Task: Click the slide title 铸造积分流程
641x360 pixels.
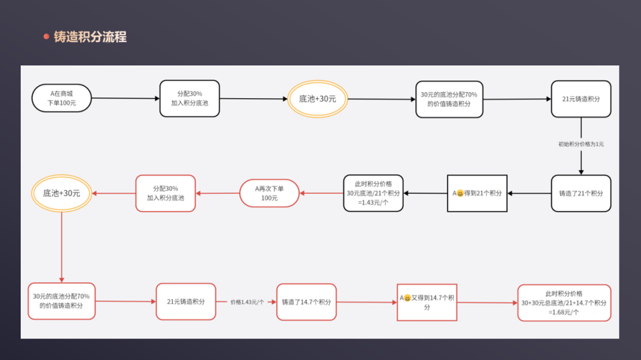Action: click(x=90, y=37)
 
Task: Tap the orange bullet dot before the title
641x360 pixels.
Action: click(x=46, y=37)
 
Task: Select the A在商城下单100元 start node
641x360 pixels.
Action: click(x=61, y=98)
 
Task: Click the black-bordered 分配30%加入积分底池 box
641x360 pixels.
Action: click(x=190, y=99)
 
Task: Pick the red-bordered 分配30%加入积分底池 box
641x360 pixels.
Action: click(x=166, y=193)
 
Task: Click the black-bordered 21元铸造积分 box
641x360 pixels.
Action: click(x=581, y=99)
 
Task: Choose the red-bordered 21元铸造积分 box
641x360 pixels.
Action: click(x=186, y=301)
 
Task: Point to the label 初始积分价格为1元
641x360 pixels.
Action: click(x=581, y=144)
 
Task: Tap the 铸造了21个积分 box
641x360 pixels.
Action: click(x=581, y=194)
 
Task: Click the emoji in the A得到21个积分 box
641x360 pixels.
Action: click(x=460, y=193)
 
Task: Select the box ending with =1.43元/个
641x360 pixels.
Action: click(x=373, y=193)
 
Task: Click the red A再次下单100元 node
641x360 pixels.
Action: click(x=269, y=193)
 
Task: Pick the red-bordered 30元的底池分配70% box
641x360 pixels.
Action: click(x=61, y=301)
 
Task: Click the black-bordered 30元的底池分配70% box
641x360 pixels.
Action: click(x=449, y=99)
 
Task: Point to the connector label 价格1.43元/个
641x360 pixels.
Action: click(x=247, y=302)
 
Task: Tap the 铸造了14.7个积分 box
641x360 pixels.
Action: click(x=306, y=302)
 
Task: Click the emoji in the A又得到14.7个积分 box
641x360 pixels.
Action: click(x=407, y=298)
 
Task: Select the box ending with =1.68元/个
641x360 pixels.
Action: click(x=564, y=303)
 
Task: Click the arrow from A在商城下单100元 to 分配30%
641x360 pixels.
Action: click(x=126, y=98)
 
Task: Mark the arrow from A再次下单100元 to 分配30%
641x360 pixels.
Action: click(x=218, y=193)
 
